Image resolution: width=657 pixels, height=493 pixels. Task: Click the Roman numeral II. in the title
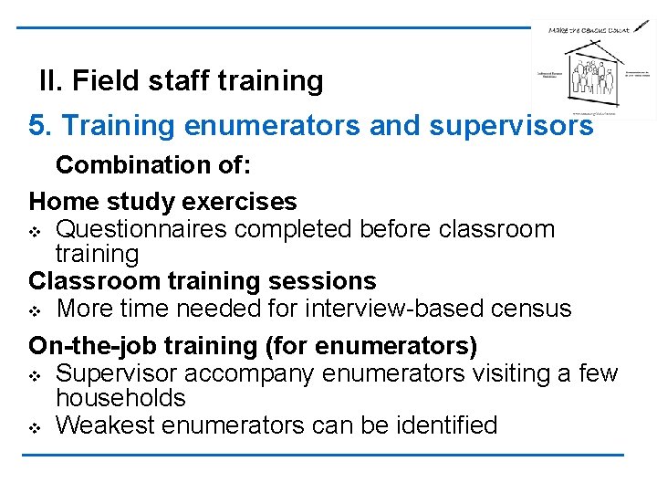point(51,81)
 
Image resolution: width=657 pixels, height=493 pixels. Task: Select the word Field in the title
point(104,81)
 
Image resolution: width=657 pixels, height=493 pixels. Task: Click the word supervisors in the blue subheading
point(515,125)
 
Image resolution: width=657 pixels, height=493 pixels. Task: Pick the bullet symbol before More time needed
point(36,309)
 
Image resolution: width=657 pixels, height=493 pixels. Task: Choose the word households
point(120,398)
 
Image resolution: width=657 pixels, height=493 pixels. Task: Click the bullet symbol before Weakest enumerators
point(36,426)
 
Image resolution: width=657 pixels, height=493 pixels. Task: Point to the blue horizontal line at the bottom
point(328,455)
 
